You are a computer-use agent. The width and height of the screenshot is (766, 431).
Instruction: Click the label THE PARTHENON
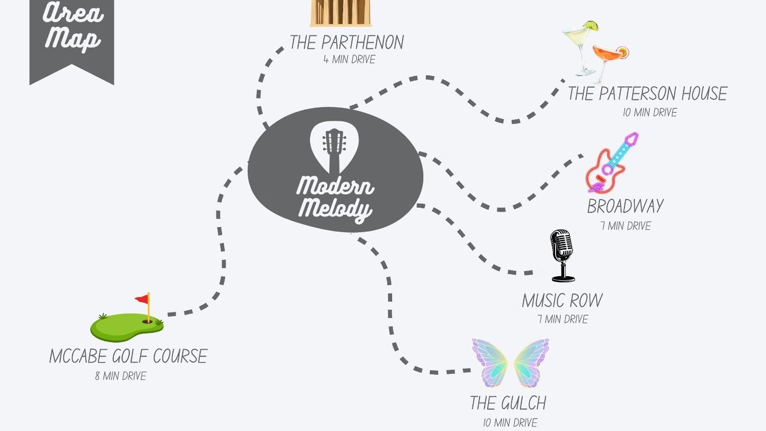click(x=347, y=42)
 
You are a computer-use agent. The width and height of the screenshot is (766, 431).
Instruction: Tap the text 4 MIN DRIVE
click(x=349, y=59)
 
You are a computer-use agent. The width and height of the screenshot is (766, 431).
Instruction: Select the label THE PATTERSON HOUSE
click(x=647, y=93)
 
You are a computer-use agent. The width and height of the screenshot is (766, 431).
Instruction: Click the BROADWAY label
click(x=625, y=206)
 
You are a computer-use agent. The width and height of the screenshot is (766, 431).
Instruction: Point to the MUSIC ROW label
click(x=562, y=301)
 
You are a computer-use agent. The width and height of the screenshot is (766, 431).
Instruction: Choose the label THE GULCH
click(x=508, y=403)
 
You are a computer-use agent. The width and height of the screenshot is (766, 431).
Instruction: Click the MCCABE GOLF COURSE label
click(x=128, y=356)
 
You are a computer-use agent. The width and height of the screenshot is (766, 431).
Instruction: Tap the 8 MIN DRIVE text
click(x=120, y=376)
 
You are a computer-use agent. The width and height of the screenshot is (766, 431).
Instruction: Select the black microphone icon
click(x=562, y=256)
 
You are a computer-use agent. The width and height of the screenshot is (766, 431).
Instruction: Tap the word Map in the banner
click(x=72, y=39)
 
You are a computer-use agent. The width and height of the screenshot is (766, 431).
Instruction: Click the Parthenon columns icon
click(x=341, y=13)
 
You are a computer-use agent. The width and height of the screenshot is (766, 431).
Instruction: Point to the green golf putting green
click(x=127, y=327)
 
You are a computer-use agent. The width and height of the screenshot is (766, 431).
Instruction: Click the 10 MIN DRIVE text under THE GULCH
click(x=510, y=423)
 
